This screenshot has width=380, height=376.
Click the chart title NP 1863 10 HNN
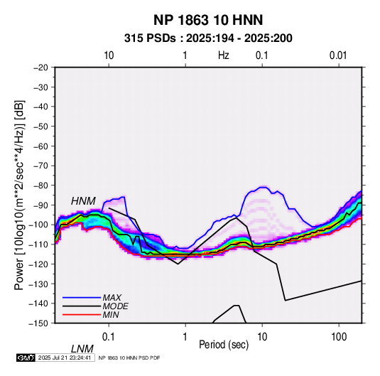point(208,20)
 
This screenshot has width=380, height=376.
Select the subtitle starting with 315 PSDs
point(208,38)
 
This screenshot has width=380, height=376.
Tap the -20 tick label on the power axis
point(41,68)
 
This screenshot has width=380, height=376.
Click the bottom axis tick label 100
point(339,337)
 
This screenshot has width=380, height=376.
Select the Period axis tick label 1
point(185,337)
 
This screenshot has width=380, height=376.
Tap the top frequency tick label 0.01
point(338,55)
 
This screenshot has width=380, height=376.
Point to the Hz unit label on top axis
point(224,55)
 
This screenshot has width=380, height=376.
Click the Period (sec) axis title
point(224,345)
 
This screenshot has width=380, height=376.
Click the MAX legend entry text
point(112,297)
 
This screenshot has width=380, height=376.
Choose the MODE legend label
point(115,306)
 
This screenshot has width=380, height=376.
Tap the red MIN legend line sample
point(82,315)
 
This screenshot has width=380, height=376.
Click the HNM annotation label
point(83,201)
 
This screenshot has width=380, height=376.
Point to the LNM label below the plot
point(82,349)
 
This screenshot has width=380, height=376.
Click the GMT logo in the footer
point(26,358)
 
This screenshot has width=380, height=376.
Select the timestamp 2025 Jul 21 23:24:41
point(65,358)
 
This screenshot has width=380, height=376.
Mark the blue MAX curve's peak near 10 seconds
point(263,187)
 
